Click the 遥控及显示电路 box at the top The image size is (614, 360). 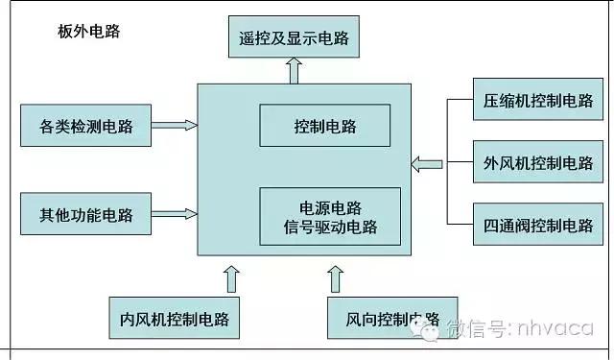294,39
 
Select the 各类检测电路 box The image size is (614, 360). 86,125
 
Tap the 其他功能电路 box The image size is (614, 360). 86,213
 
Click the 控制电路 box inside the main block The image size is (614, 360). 324,125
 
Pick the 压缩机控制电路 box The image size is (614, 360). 538,99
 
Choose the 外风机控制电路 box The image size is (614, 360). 538,162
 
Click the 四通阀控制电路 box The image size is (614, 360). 538,226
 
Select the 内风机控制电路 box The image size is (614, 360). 174,317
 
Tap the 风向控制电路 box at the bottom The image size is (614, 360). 382,317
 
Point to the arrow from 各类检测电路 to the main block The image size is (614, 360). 175,124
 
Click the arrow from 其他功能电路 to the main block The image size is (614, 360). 175,212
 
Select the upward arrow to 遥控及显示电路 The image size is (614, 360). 294,70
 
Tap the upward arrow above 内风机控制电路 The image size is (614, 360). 230,277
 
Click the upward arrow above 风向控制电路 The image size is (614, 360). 336,277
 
